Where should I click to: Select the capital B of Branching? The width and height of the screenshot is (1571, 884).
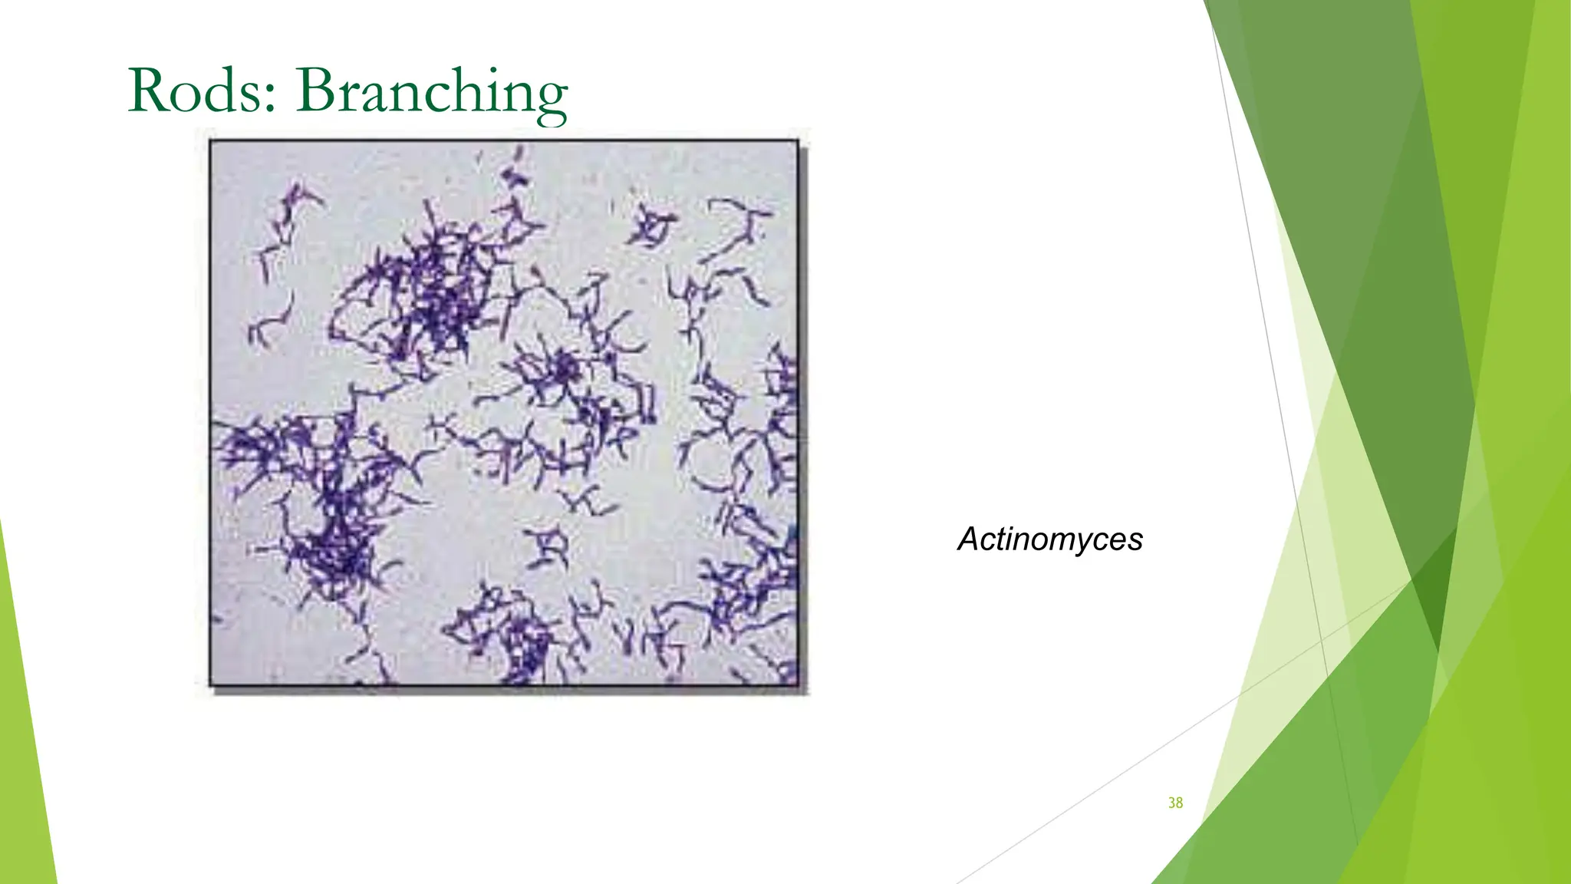316,91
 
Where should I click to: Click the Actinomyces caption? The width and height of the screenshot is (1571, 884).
1050,539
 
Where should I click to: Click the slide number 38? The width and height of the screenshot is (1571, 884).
1175,803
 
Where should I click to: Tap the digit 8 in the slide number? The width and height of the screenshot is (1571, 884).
1179,803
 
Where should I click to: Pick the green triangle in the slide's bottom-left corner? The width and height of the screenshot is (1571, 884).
23,767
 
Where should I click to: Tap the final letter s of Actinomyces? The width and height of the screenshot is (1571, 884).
1136,542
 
